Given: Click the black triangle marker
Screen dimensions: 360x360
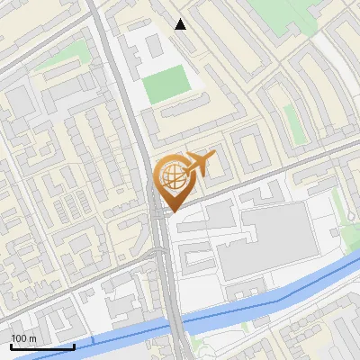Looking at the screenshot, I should pyautogui.click(x=181, y=24).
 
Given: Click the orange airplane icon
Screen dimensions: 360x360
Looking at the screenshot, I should pyautogui.click(x=199, y=164).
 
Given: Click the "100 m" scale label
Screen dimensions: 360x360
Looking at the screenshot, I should pyautogui.click(x=23, y=338).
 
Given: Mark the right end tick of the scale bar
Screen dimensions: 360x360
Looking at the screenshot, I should pyautogui.click(x=74, y=345).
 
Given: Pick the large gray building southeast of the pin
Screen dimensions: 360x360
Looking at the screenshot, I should pyautogui.click(x=261, y=238).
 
